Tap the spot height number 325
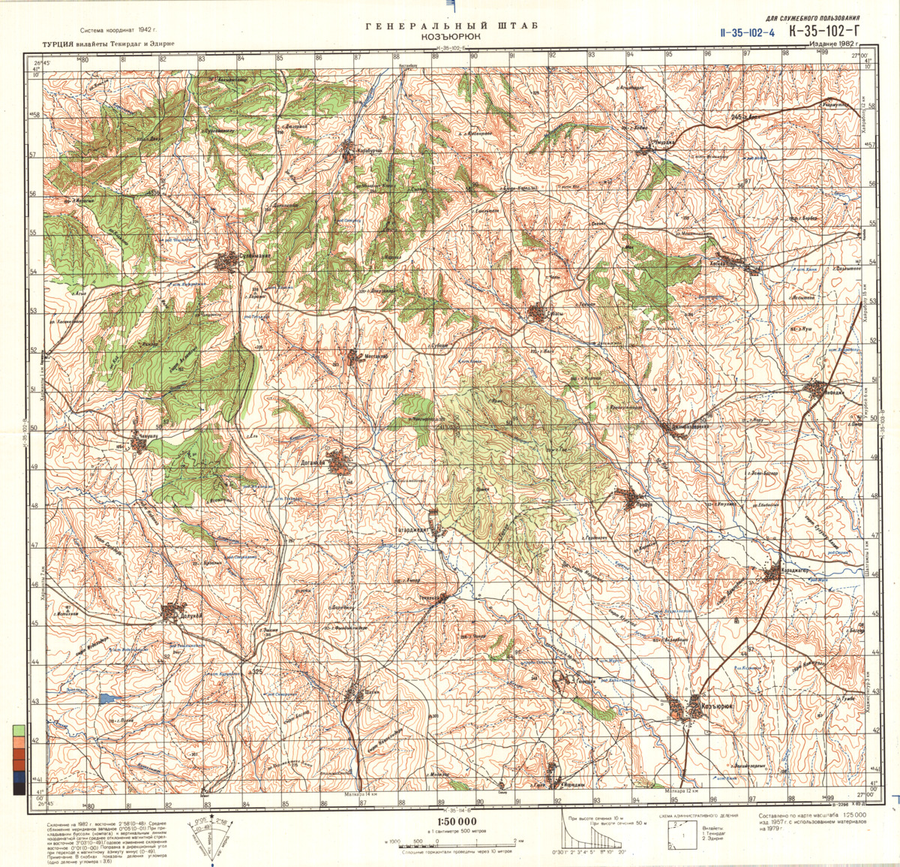[258, 670]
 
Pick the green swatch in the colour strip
[18, 729]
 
